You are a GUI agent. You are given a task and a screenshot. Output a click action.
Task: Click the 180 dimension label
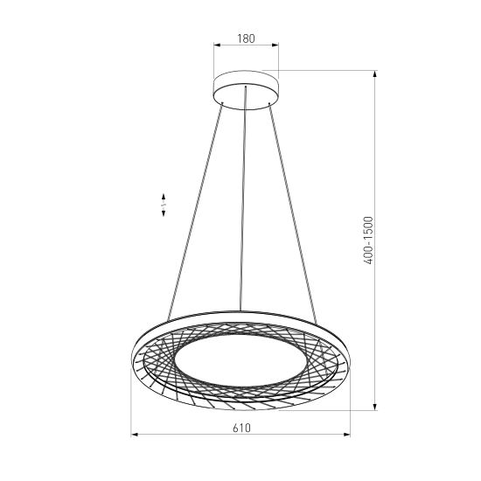tap(246, 38)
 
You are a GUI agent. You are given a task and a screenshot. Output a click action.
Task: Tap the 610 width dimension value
tap(242, 428)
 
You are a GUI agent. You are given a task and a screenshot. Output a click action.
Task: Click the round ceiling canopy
tap(246, 92)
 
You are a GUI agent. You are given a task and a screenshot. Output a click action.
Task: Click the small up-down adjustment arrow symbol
tap(164, 205)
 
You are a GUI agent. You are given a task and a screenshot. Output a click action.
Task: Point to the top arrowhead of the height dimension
tap(375, 74)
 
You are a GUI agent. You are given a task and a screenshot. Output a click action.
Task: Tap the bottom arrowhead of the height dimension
tap(375, 408)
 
